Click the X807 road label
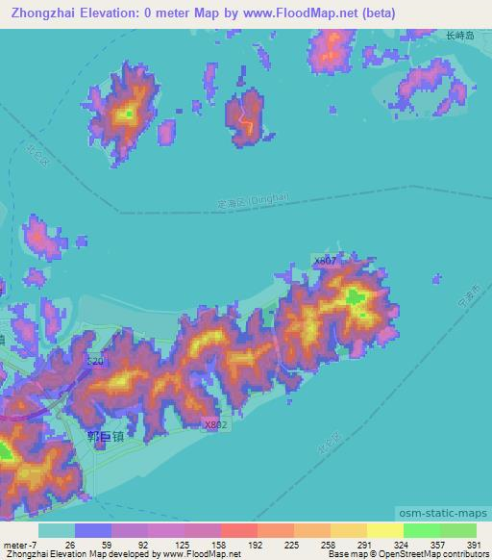(324, 261)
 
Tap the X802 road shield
(216, 423)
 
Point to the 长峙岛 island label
(460, 35)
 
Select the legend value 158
(220, 544)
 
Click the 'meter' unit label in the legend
(15, 544)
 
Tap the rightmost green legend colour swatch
(457, 530)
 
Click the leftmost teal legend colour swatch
(57, 530)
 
